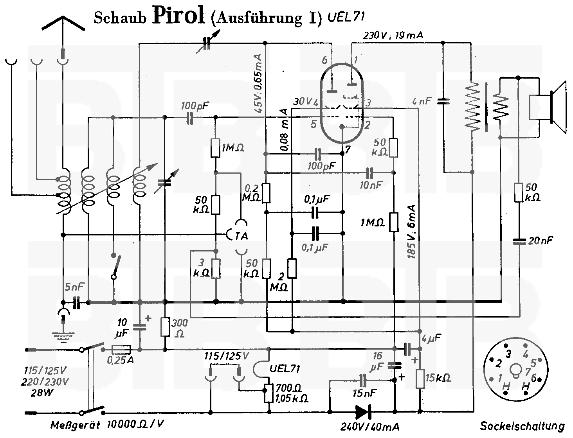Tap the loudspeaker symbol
click(x=548, y=107)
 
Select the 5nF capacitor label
click(x=74, y=287)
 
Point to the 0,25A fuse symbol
click(x=121, y=350)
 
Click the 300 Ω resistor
click(x=165, y=327)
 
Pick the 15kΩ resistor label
click(x=438, y=378)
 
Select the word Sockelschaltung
click(x=523, y=425)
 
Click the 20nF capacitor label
click(x=541, y=241)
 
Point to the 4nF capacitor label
click(x=422, y=101)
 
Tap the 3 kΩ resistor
click(x=216, y=269)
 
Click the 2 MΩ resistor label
click(x=279, y=282)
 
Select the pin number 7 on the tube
click(x=348, y=149)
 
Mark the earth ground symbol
click(x=63, y=334)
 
